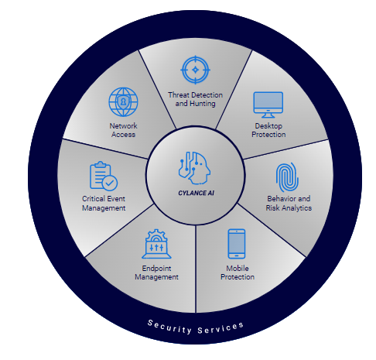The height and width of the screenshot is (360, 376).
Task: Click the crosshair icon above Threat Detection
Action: pos(195,70)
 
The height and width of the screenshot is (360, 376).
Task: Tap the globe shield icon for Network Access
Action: pos(123,102)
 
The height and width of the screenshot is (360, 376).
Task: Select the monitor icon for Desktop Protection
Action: pos(268,105)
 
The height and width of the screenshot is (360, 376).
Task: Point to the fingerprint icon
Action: pos(287,177)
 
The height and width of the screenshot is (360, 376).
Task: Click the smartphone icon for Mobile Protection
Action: pos(237,244)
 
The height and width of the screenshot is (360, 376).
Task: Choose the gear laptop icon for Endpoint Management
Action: pos(156,244)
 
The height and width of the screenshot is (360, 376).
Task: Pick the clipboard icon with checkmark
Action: pos(104,176)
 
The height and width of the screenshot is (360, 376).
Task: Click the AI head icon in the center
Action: pos(194,168)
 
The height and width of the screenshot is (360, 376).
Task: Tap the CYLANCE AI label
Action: pos(196,193)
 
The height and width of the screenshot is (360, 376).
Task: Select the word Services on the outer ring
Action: pos(220,328)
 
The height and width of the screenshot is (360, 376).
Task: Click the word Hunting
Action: pos(203,104)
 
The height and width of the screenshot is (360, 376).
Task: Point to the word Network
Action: pos(123,126)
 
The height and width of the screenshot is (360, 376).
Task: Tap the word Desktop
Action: pos(268,126)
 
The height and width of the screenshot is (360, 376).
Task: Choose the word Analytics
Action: pos(296,208)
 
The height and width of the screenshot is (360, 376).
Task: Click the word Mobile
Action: pos(238,269)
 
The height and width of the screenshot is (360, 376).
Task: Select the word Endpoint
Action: pos(156,269)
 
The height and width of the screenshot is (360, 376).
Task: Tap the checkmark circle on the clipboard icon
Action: pos(110,183)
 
